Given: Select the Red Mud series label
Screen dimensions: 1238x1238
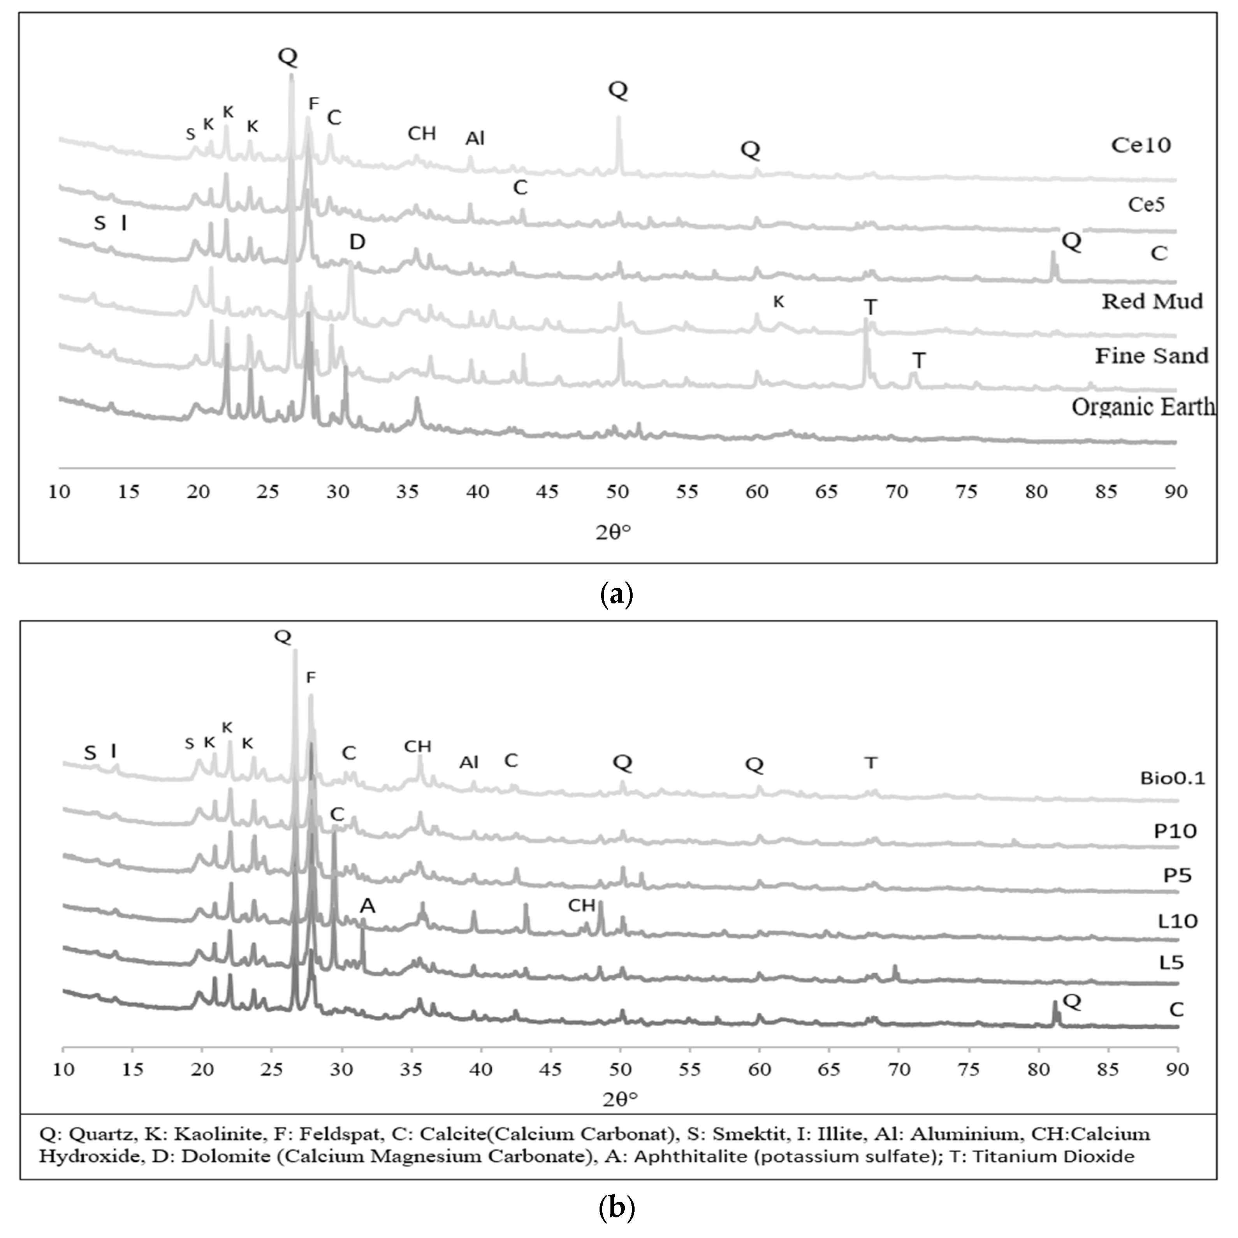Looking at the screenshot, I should point(1152,301).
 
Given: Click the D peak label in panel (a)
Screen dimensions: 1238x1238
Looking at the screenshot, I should point(357,242).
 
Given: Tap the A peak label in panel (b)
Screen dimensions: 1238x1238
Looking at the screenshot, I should point(367,906).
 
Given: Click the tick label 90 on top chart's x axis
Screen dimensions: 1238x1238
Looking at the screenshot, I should point(1176,492).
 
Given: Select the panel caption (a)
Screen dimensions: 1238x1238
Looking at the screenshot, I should point(617,594).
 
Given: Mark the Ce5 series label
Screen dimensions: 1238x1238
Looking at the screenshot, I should point(1146,205).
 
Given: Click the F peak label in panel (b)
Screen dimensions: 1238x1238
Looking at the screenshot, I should point(311,677).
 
